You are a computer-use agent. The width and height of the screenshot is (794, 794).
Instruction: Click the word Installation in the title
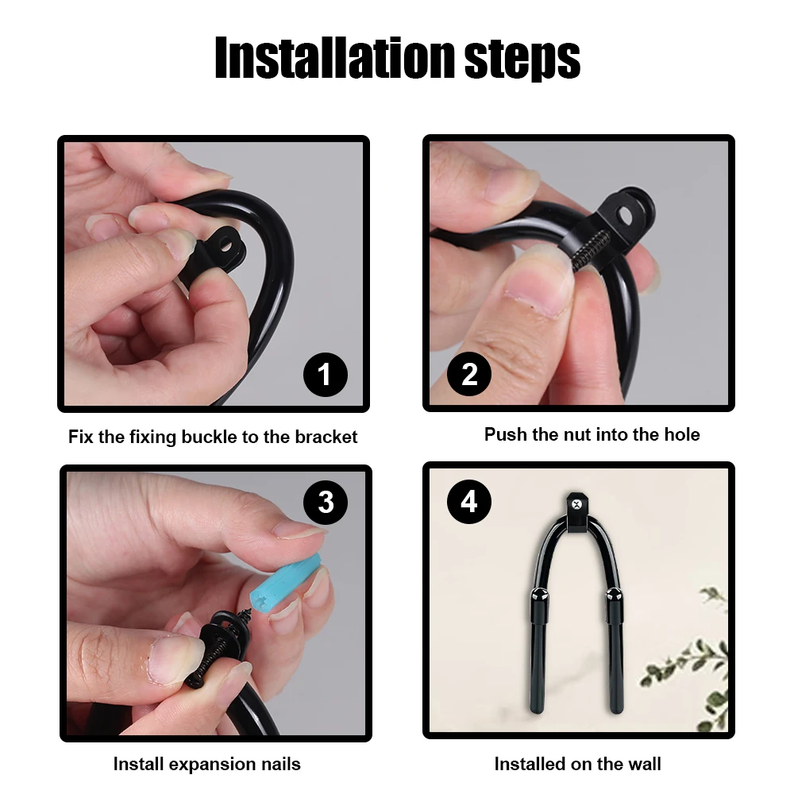[x=335, y=57]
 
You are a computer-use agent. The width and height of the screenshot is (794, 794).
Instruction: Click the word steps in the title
[x=522, y=60]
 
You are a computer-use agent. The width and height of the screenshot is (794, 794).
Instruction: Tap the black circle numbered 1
[x=325, y=375]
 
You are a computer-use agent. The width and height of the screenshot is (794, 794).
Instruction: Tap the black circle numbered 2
[x=469, y=374]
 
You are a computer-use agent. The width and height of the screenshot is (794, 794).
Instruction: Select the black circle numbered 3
[x=325, y=503]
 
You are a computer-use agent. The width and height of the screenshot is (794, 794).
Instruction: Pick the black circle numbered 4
[x=469, y=502]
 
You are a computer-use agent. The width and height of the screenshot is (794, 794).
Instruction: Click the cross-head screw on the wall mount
[x=576, y=504]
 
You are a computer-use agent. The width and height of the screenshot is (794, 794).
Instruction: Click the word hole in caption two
[x=681, y=434]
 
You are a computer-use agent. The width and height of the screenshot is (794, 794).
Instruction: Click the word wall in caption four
[x=645, y=764]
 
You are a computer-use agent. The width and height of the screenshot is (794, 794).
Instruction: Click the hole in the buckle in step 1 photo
[x=225, y=248]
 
